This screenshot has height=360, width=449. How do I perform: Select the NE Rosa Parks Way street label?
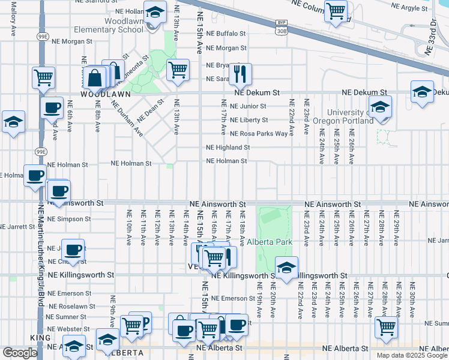pos(247,133)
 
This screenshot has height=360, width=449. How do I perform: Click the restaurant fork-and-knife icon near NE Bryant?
pos(240,74)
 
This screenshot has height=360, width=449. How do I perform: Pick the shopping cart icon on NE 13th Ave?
pos(178,70)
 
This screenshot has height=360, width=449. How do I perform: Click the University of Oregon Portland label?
pos(351,116)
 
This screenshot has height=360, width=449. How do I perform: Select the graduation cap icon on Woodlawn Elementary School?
pos(155,12)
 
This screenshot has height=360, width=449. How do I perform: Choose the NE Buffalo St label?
pos(226,34)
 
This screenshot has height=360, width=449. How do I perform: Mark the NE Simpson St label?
pos(70,219)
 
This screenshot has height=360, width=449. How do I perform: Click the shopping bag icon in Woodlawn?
pos(95,78)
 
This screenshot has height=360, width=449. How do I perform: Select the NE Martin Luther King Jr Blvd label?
pos(41,264)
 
